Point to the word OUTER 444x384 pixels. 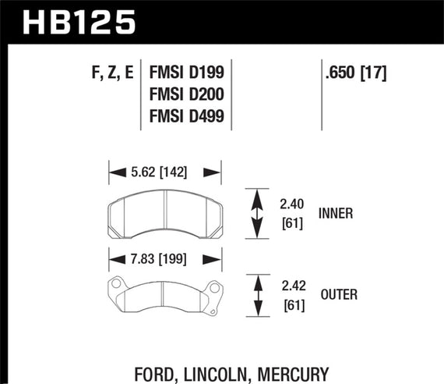[337, 296]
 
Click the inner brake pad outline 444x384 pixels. [164, 215]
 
